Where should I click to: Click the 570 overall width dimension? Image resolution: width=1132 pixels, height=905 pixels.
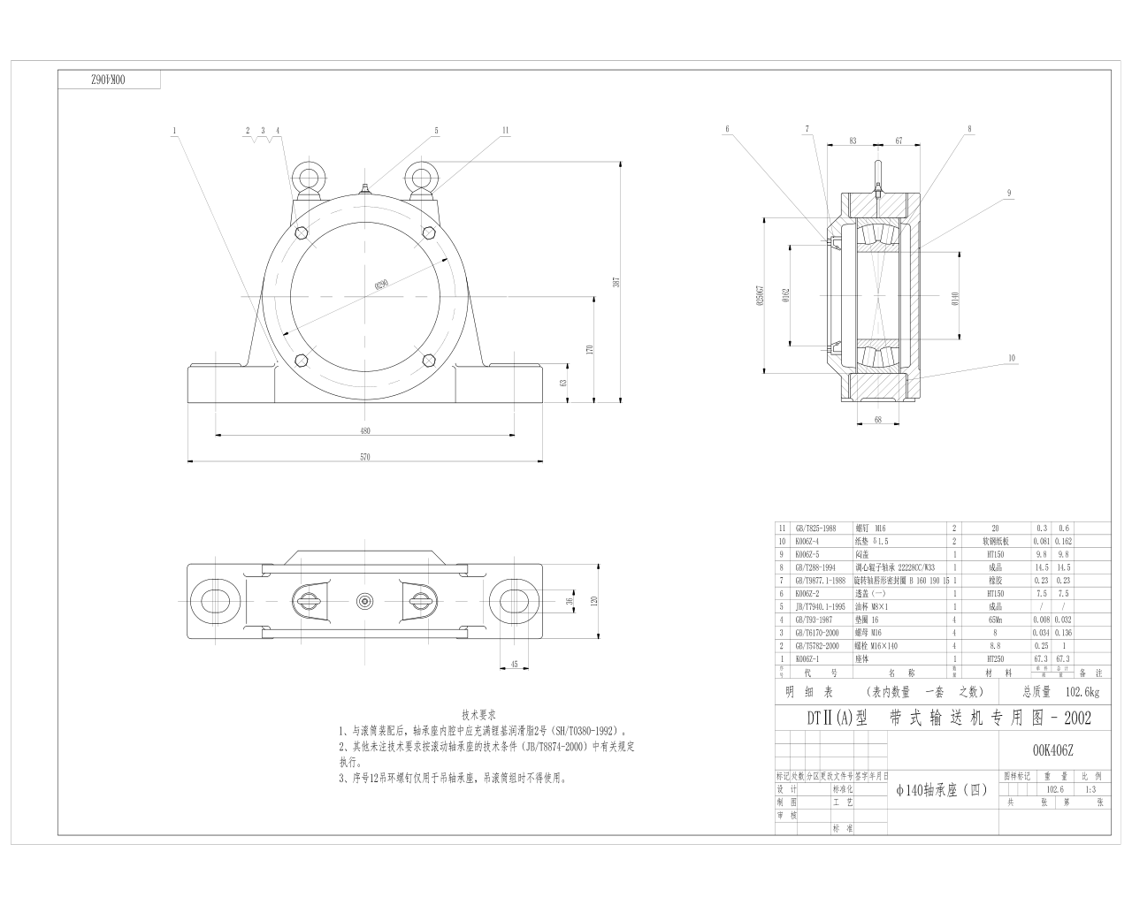click(x=364, y=457)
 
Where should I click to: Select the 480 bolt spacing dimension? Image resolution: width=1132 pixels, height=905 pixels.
click(x=364, y=430)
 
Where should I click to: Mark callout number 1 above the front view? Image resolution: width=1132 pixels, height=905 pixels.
click(x=175, y=130)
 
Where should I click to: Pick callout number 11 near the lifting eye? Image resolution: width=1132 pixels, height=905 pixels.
click(x=505, y=130)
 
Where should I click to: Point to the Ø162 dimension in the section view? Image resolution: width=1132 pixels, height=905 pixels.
click(x=785, y=297)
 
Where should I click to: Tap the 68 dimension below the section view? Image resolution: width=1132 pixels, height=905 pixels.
click(x=878, y=420)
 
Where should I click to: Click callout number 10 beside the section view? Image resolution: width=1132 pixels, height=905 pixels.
click(x=1011, y=358)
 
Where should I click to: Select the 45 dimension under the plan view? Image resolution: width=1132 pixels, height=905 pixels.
click(x=515, y=665)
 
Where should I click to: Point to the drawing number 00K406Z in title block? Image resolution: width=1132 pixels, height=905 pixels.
click(x=1052, y=750)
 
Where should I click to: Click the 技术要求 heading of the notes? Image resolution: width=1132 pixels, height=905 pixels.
click(x=479, y=714)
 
